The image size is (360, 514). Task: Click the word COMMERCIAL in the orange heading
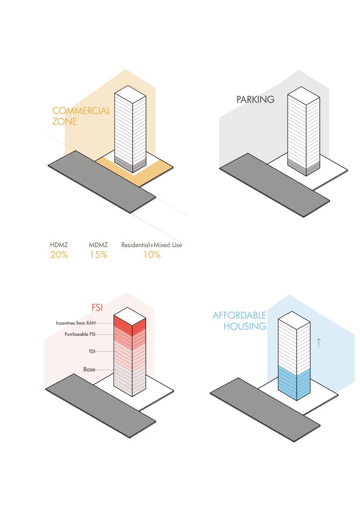pyautogui.click(x=81, y=111)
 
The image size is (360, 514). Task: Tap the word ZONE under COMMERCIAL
pyautogui.click(x=64, y=122)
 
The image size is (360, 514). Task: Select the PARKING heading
pyautogui.click(x=255, y=100)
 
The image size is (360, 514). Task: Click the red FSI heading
pyautogui.click(x=97, y=308)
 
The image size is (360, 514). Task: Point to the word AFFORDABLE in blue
pyautogui.click(x=239, y=315)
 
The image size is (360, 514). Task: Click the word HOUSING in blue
pyautogui.click(x=245, y=326)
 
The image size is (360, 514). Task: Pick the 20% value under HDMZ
pyautogui.click(x=59, y=255)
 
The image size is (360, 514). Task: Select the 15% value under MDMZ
pyautogui.click(x=99, y=255)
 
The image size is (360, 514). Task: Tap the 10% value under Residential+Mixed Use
pyautogui.click(x=152, y=255)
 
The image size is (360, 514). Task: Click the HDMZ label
pyautogui.click(x=59, y=245)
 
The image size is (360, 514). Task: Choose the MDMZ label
pyautogui.click(x=99, y=245)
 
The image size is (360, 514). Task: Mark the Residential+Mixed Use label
pyautogui.click(x=152, y=245)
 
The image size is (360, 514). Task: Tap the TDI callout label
pyautogui.click(x=92, y=351)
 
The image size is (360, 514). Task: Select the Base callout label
pyautogui.click(x=89, y=370)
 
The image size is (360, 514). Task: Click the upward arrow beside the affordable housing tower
pyautogui.click(x=319, y=343)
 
